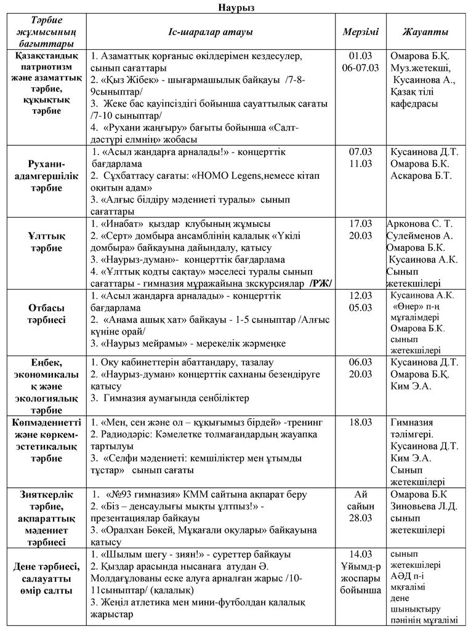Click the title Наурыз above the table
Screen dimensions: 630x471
[x=236, y=7]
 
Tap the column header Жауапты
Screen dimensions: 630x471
[x=425, y=32]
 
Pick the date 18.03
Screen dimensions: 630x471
[x=360, y=423]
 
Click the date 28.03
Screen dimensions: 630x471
[x=360, y=517]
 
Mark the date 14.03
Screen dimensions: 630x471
[x=360, y=554]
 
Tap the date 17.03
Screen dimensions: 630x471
[x=360, y=224]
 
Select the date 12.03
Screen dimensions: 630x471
[x=360, y=296]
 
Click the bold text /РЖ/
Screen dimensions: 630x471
[x=320, y=283]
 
